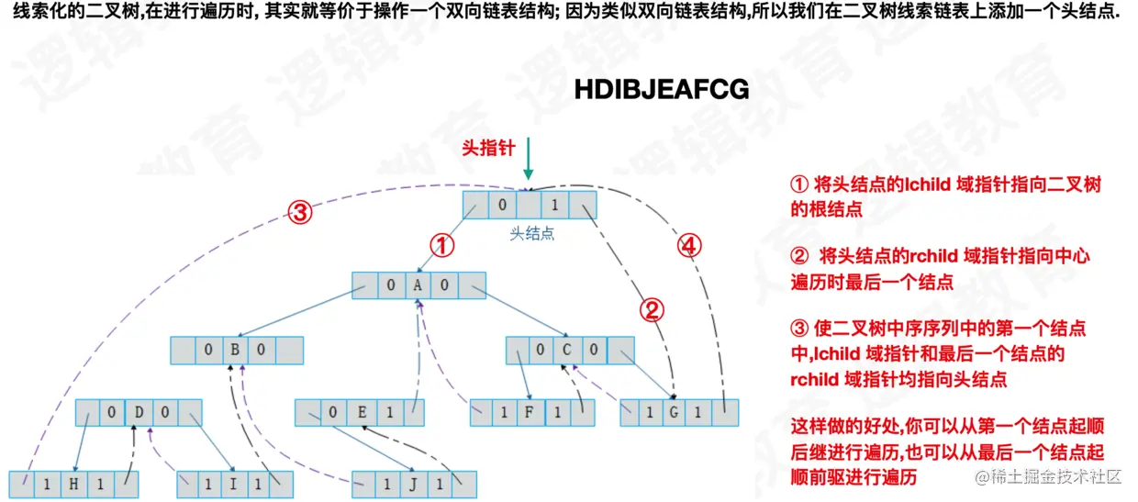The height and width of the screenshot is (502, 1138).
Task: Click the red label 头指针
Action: (x=488, y=148)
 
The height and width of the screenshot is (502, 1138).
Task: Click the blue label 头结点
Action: (x=532, y=234)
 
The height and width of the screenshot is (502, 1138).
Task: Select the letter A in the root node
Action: (x=418, y=285)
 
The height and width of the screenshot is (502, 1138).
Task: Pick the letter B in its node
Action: (x=236, y=351)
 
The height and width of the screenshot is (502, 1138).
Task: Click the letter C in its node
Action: (x=568, y=350)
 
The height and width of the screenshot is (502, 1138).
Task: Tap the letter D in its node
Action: (x=139, y=412)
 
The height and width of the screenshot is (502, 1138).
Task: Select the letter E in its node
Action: (x=363, y=412)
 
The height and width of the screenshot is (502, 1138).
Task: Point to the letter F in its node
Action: (x=530, y=413)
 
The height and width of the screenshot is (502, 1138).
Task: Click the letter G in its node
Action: (x=674, y=413)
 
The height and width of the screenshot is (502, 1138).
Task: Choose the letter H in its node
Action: (x=73, y=485)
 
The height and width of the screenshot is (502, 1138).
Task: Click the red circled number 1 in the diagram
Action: (x=443, y=245)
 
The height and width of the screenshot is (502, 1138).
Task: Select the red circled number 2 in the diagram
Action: (x=651, y=310)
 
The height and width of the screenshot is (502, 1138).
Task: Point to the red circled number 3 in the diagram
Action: (x=301, y=213)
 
